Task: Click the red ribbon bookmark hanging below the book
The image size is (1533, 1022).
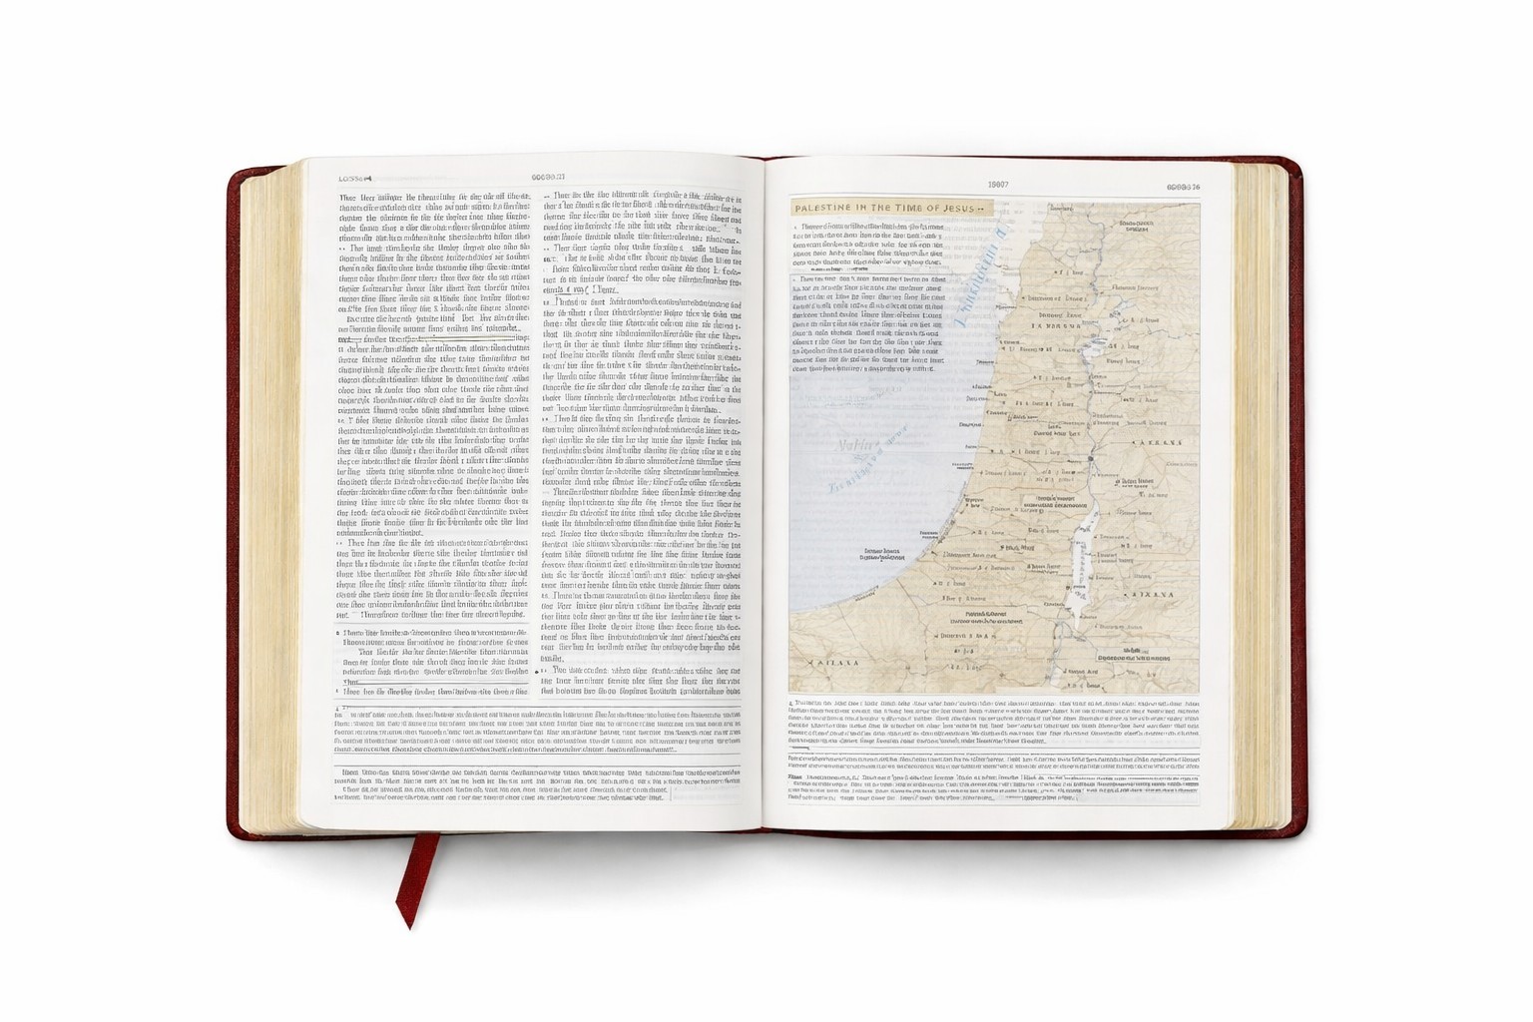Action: pos(413,878)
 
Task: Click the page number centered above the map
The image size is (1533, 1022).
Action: pos(997,185)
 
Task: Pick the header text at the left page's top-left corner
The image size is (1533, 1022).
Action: pos(355,179)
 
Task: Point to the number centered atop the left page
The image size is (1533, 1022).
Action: pos(547,178)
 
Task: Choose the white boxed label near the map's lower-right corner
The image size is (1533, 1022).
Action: pos(1133,658)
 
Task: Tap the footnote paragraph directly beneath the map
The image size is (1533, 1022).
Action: pos(993,722)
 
